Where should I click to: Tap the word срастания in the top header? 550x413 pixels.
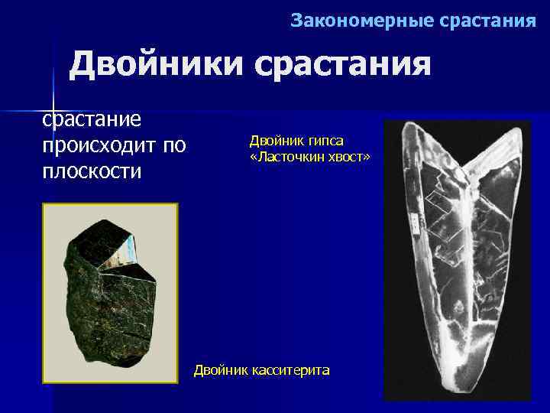489,21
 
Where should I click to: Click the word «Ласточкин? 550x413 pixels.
287,156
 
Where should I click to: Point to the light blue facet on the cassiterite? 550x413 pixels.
131,246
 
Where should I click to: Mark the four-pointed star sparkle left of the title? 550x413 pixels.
54,100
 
